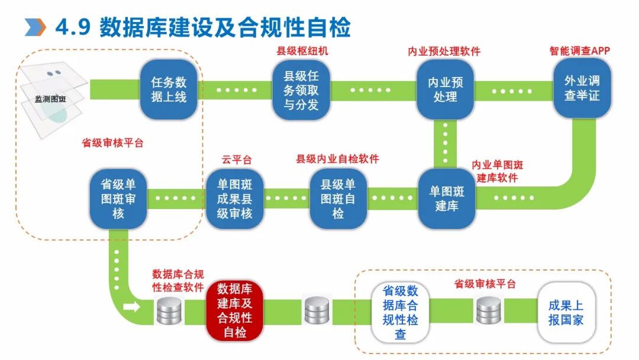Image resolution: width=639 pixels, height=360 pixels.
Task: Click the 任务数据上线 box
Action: point(169,89)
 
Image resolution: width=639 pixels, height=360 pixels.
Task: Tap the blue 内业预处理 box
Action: point(446,89)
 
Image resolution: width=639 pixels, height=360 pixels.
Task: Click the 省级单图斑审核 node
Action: point(118,199)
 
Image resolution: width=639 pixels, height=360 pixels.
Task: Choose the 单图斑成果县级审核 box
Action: point(234,199)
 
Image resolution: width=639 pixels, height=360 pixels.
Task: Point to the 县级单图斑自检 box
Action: point(338,199)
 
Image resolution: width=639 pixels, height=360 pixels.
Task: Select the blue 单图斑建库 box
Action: point(447,199)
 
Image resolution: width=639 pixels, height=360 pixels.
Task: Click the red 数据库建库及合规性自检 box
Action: point(235,311)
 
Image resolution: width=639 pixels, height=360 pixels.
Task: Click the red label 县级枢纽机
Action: point(302,51)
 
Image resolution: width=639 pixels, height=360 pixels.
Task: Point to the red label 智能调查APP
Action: point(579,51)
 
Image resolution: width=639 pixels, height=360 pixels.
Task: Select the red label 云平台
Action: point(237,159)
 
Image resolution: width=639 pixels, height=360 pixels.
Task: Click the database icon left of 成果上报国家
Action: point(489,310)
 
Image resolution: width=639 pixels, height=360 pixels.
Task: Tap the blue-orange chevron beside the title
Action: point(35,27)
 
